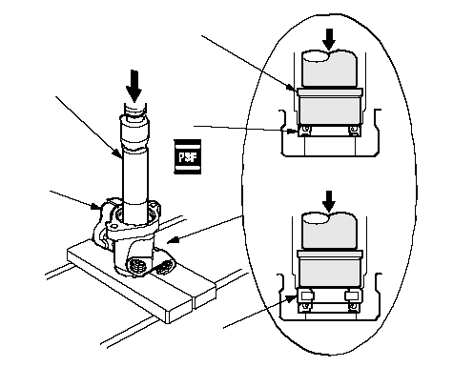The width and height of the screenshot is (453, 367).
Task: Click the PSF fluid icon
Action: (188, 156)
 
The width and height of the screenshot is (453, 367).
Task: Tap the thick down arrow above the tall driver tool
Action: (134, 86)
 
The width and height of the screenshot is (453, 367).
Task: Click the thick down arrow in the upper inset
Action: (329, 39)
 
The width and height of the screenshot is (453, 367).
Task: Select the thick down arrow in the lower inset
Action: (329, 201)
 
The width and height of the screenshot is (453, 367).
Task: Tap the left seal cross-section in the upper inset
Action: (305, 130)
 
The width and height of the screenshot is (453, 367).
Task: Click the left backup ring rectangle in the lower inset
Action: (306, 296)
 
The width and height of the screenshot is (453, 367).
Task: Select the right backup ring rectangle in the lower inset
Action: (351, 296)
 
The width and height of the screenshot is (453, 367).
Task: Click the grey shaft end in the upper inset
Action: (329, 69)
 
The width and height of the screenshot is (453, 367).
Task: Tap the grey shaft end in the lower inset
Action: (329, 231)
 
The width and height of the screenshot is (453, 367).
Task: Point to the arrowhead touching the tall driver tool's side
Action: (117, 153)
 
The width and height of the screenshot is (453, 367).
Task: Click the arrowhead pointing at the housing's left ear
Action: (95, 206)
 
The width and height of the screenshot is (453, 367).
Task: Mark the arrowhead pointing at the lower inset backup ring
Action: (292, 299)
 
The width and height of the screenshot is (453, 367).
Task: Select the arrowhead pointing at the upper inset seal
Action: (293, 131)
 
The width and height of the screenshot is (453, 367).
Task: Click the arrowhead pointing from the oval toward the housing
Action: (173, 240)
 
